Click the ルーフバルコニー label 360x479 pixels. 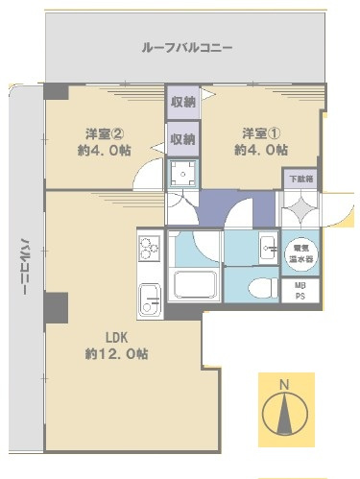pos(186,47)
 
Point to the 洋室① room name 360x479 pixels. pos(253,133)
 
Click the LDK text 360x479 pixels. pos(115,338)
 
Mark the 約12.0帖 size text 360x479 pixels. pos(115,353)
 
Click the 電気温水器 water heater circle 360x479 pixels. pos(300,251)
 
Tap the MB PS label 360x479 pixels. pos(300,291)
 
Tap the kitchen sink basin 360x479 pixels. pos(150,299)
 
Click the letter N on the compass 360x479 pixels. pos(283,386)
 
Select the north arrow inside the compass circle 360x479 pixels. pos(283,413)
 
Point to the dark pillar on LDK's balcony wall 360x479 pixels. pos(56,309)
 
